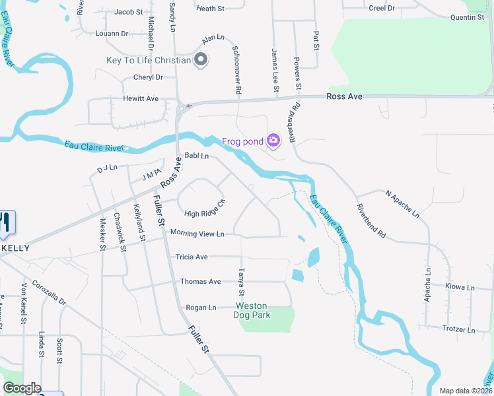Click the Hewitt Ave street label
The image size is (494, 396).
point(141,98)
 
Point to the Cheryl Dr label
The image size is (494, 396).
point(148,77)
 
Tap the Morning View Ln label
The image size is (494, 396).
point(197,234)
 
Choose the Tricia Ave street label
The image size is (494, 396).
point(192,257)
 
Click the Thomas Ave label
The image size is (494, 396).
point(201,282)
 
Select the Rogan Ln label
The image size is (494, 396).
point(201,308)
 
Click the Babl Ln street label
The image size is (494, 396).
point(196,156)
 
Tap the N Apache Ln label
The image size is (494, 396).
point(402,203)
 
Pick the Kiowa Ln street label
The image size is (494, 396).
point(460,288)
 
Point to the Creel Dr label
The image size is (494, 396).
point(382,8)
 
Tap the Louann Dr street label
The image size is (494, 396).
point(112,33)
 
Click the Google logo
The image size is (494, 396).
point(22,388)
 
